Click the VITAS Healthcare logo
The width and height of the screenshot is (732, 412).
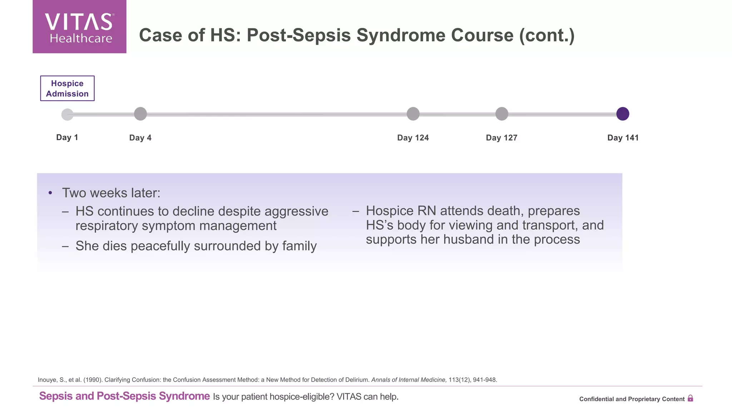(x=79, y=27)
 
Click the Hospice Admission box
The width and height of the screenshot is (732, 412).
(x=67, y=88)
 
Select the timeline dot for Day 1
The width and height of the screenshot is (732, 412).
(x=67, y=114)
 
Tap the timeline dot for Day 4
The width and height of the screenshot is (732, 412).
(x=140, y=114)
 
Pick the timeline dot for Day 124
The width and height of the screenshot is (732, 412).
(x=413, y=114)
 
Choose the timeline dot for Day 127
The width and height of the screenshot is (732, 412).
(x=501, y=114)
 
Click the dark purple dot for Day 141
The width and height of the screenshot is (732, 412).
(x=623, y=114)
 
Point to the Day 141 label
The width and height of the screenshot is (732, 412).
(x=623, y=138)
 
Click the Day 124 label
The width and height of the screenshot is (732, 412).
(x=413, y=138)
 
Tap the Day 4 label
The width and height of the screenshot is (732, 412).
(x=140, y=138)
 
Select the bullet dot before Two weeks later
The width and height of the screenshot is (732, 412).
(x=50, y=193)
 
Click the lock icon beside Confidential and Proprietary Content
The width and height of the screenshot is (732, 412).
(x=690, y=398)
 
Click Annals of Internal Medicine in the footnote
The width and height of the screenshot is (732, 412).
(x=409, y=380)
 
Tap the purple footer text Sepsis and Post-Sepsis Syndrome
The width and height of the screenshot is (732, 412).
(x=124, y=396)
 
